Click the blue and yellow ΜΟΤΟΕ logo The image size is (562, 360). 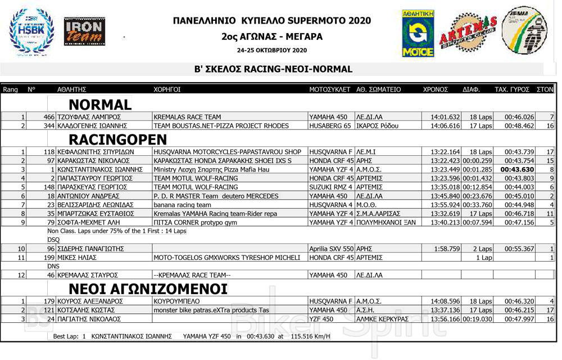point(418,33)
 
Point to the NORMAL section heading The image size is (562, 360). point(99,105)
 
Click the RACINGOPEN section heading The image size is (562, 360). point(117,139)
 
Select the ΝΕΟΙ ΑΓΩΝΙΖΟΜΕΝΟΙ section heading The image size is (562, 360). point(148,289)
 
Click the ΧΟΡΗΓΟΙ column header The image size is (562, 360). point(167,89)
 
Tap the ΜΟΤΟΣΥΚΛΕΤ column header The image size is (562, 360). point(330,89)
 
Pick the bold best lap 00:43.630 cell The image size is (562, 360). point(518,169)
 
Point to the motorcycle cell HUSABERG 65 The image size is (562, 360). point(330,125)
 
